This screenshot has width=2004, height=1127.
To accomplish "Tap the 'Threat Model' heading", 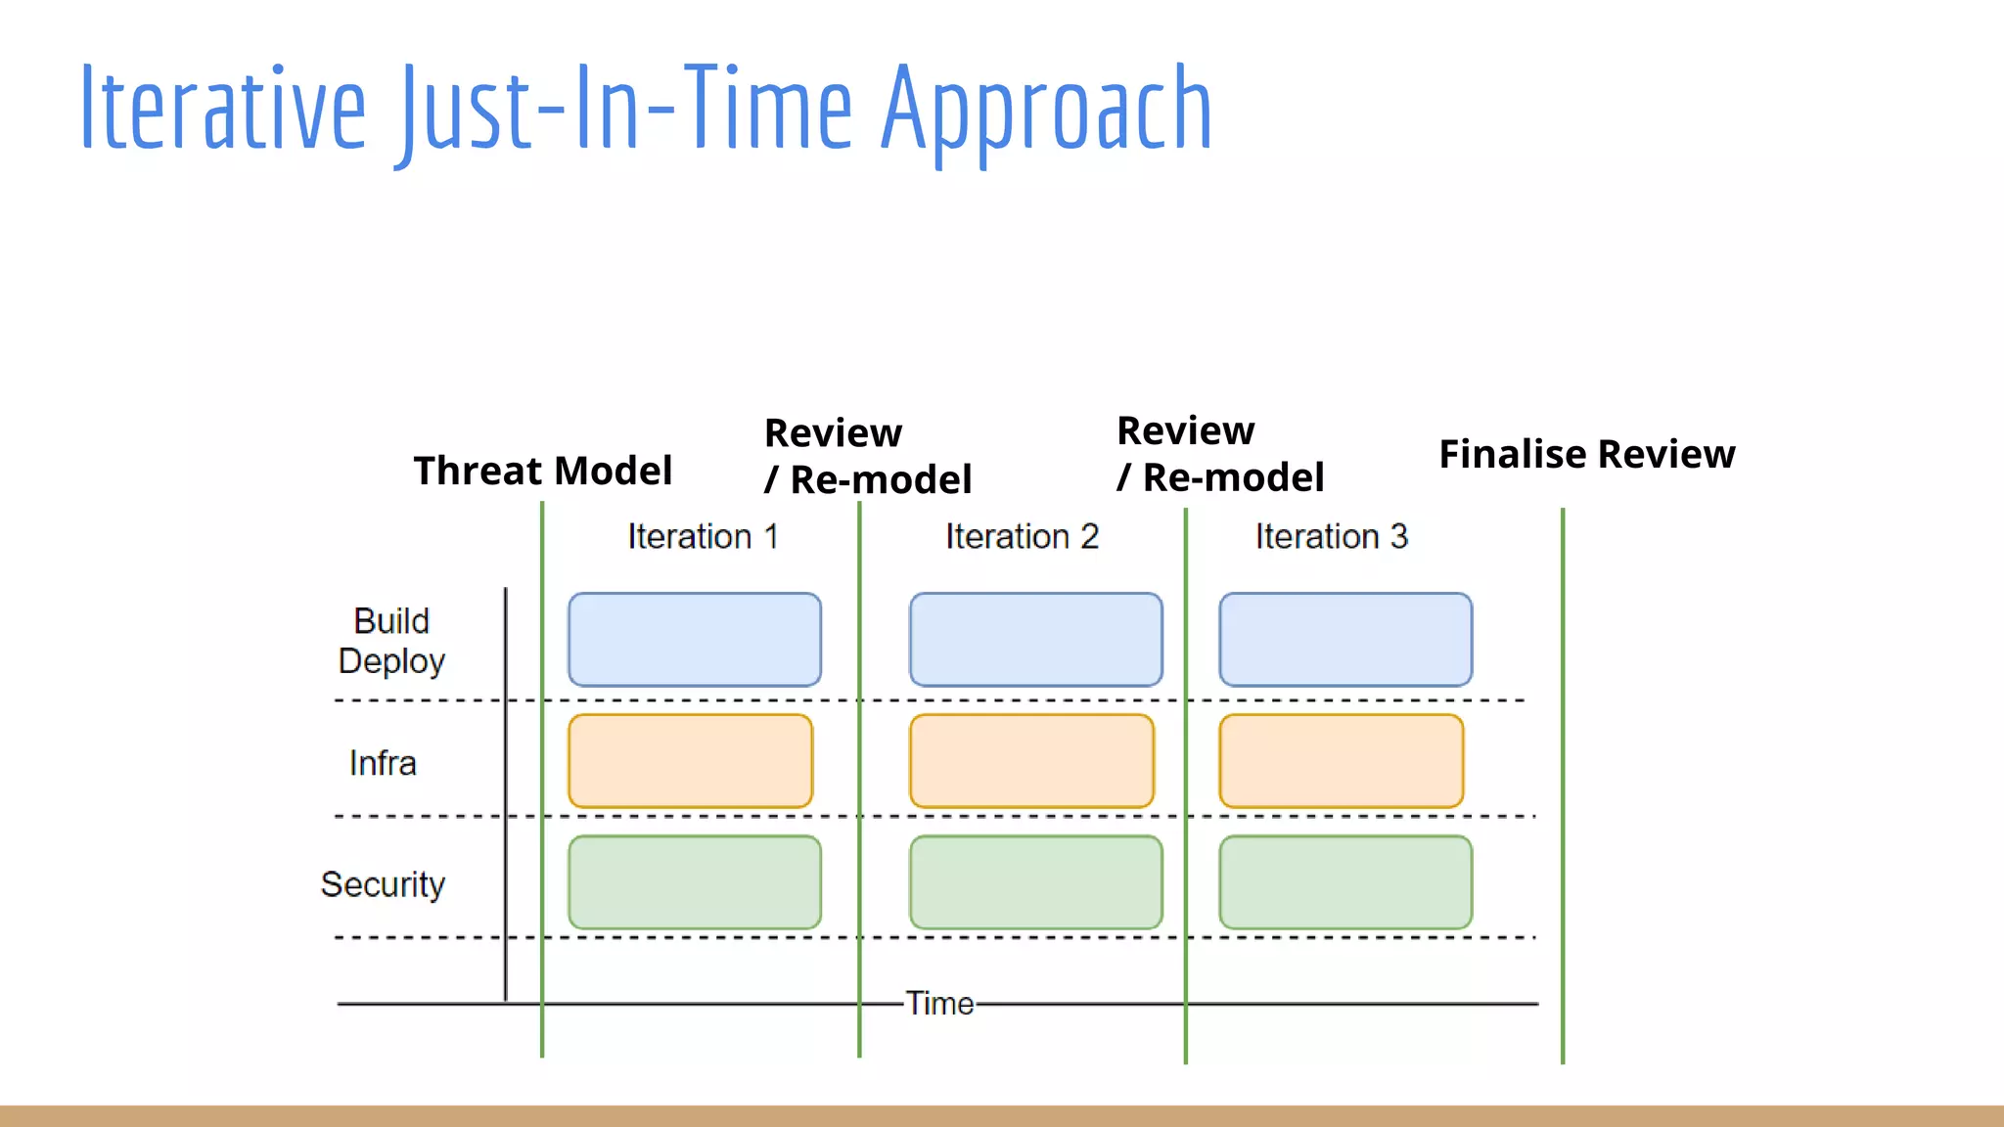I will point(543,471).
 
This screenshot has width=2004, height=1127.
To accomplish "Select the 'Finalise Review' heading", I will point(1586,454).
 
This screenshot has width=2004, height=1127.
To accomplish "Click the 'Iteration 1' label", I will point(703,536).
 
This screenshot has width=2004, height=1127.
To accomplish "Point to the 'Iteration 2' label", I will point(1022,536).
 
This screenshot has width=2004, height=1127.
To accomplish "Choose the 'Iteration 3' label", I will point(1331,536).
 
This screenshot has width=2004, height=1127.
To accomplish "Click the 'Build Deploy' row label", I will point(391,641).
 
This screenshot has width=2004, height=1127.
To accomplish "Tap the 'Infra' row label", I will point(383,763).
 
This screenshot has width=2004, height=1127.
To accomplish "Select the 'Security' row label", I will point(383,884).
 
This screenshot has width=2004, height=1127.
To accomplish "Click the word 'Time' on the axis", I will point(939,1004).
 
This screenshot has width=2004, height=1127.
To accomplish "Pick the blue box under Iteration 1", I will point(695,640).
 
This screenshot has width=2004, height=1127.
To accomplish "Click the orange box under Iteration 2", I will point(1031,761).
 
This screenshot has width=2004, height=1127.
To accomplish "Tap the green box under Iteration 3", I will point(1345,882).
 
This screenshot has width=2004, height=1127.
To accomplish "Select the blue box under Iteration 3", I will point(1345,640).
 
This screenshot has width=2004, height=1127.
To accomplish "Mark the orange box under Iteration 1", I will point(690,761).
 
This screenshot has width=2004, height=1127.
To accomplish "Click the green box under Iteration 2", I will point(1035,882).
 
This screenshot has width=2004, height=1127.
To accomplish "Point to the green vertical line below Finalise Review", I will point(1563,783).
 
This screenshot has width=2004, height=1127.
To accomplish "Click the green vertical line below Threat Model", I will point(542,783).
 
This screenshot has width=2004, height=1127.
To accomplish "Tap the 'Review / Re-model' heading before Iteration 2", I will point(867,456).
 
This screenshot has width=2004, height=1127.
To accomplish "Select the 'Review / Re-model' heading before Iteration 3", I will point(1219,454).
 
